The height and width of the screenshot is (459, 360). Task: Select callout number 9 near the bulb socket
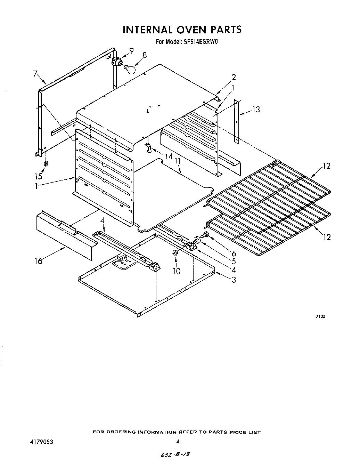point(131,51)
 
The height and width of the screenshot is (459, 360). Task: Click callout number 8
point(144,55)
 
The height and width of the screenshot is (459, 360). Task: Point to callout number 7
point(35,73)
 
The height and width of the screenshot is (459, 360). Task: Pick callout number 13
point(256,110)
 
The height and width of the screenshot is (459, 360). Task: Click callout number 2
point(234,77)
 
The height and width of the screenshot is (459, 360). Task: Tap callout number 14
point(169,157)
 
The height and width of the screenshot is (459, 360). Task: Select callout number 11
point(178,161)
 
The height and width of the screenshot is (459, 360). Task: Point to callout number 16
point(38,261)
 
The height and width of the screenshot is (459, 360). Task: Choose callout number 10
point(177,271)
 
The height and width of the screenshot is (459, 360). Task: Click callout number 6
point(234,254)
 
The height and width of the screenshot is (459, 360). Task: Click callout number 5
point(234,262)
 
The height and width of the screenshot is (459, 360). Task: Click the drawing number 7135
point(321,317)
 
